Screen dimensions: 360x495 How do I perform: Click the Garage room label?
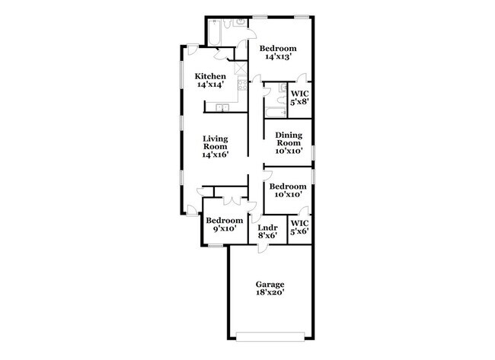click(x=270, y=284)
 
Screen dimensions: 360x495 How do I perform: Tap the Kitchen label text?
click(x=209, y=77)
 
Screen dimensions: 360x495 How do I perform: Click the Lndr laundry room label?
click(x=267, y=228)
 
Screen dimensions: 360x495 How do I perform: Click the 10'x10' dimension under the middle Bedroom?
click(x=289, y=194)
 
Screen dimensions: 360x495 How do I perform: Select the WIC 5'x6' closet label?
click(x=299, y=227)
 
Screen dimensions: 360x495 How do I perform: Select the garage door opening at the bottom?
click(x=271, y=335)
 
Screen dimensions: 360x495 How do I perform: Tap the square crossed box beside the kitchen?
click(x=241, y=67)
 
